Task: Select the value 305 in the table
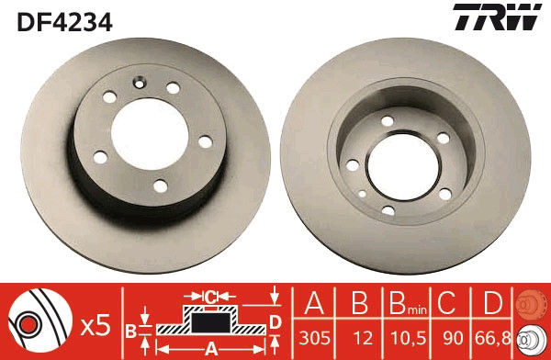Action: point(315,338)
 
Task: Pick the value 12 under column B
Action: point(361,338)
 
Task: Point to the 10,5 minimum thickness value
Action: point(408,338)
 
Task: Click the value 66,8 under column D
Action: point(493,338)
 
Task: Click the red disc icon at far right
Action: point(530,303)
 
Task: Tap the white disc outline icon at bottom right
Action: point(530,338)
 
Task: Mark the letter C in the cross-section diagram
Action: point(210,296)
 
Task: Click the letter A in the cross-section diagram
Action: point(210,348)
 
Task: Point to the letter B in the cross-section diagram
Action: point(130,329)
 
